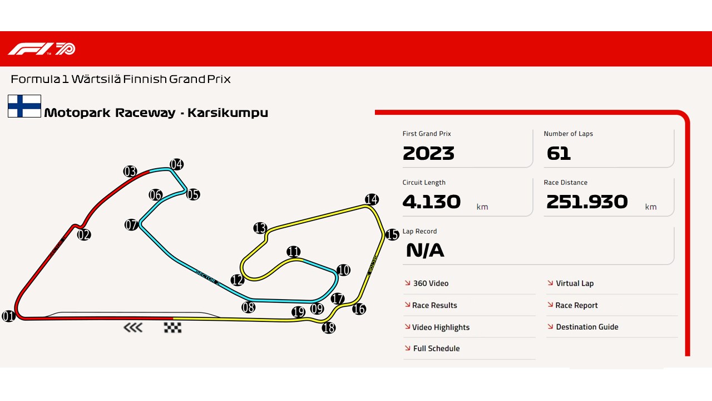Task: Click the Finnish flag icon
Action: pyautogui.click(x=24, y=106)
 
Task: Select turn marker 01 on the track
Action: pyautogui.click(x=8, y=316)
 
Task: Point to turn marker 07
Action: pyautogui.click(x=131, y=225)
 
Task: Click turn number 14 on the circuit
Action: pyautogui.click(x=372, y=199)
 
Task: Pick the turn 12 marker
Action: pyautogui.click(x=238, y=280)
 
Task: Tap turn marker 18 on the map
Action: pyautogui.click(x=329, y=328)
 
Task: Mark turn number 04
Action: pyautogui.click(x=176, y=164)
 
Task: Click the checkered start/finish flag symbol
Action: pyautogui.click(x=172, y=327)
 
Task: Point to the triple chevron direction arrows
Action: pyautogui.click(x=133, y=327)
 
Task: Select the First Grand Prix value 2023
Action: pyautogui.click(x=428, y=153)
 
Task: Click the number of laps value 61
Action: pyautogui.click(x=558, y=153)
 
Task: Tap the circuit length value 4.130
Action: pyautogui.click(x=432, y=202)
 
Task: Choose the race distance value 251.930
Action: pyautogui.click(x=587, y=202)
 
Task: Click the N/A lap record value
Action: pyautogui.click(x=425, y=251)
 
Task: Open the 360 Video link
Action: pyautogui.click(x=431, y=283)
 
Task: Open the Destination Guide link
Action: pyautogui.click(x=587, y=327)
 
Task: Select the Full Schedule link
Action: pyautogui.click(x=436, y=349)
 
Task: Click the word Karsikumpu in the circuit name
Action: pyautogui.click(x=228, y=113)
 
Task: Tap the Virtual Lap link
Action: pyautogui.click(x=575, y=283)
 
